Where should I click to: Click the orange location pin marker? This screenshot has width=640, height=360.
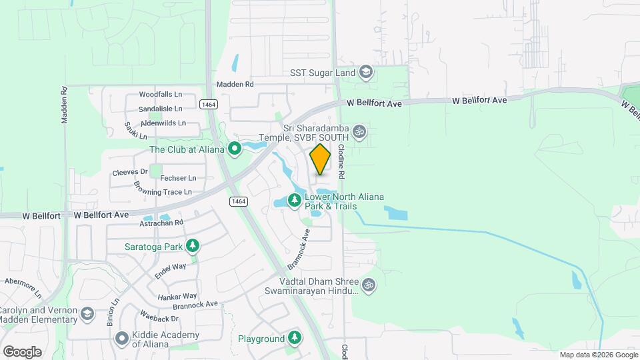[320, 159]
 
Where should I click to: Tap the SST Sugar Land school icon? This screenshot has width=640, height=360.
[365, 71]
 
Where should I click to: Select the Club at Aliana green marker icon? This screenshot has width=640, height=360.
[234, 149]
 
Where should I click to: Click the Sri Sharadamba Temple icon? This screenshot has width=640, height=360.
[359, 131]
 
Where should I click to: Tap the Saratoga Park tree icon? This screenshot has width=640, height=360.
[193, 246]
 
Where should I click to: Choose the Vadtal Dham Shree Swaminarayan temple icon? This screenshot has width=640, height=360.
[369, 285]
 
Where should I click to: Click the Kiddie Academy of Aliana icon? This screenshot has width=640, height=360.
[121, 339]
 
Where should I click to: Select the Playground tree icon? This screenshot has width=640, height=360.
[294, 339]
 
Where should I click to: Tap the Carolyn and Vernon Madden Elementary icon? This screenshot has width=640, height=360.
[87, 314]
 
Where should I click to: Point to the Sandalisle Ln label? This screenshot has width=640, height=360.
[160, 109]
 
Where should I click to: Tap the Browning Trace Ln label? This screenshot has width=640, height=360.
[163, 193]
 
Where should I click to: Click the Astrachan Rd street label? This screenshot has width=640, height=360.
[161, 223]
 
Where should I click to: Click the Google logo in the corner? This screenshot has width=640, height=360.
[22, 351]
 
